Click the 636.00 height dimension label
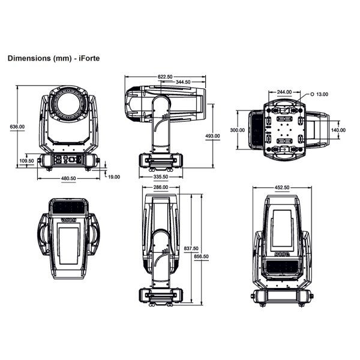click(x=17, y=127)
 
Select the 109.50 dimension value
click(x=26, y=161)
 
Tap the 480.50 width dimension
click(x=68, y=178)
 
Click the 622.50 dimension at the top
click(x=165, y=77)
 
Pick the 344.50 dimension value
click(x=182, y=82)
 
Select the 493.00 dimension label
click(x=213, y=136)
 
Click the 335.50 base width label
click(x=161, y=177)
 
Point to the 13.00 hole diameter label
click(x=322, y=94)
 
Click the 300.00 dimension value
click(x=238, y=130)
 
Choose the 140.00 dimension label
click(x=338, y=130)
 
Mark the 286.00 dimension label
click(x=161, y=188)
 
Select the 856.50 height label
click(x=202, y=256)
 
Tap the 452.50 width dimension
click(x=282, y=188)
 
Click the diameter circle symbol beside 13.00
click(x=312, y=94)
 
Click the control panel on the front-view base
click(x=68, y=160)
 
